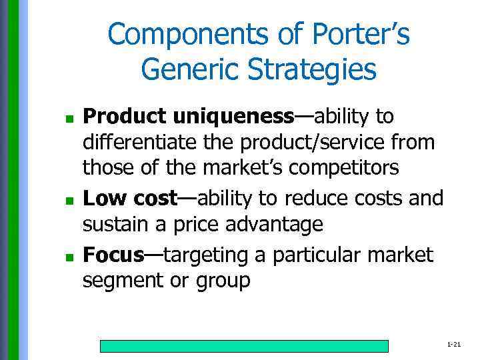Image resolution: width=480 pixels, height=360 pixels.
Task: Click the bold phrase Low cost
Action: pyautogui.click(x=129, y=198)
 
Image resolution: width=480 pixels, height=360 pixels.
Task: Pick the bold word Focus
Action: pyautogui.click(x=113, y=254)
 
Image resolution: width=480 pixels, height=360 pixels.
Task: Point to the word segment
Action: pyautogui.click(x=121, y=281)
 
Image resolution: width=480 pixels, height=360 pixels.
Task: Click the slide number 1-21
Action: pyautogui.click(x=454, y=344)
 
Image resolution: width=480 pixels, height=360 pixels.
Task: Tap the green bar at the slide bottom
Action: pyautogui.click(x=244, y=345)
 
